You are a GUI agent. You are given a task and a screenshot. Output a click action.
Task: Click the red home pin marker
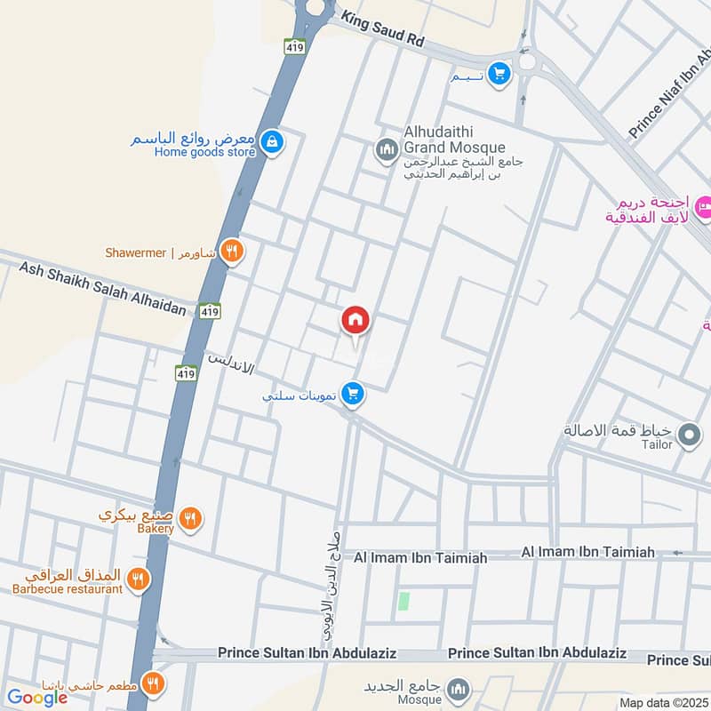coord(355,320)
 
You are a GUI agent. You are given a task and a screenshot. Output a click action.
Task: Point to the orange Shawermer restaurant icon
coord(232,252)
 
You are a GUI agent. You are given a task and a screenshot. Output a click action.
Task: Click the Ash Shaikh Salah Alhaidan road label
coord(102,288)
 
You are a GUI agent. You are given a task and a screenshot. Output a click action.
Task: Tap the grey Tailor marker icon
coord(689,435)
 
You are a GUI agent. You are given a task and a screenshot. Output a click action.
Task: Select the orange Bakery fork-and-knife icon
coord(189,518)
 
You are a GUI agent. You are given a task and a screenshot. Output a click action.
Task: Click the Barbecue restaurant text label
coord(68,588)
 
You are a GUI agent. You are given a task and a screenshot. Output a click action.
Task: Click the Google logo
coord(37,698)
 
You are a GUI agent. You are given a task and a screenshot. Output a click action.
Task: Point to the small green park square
coord(404,601)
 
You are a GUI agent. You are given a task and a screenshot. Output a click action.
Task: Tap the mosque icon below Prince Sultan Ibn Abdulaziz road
coord(459,690)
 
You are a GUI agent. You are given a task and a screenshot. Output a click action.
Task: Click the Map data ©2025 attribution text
coord(664,703)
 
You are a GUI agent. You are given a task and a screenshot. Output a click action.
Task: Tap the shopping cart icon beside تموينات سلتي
coord(354,393)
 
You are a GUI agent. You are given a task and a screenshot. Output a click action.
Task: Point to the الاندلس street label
coord(230,363)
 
